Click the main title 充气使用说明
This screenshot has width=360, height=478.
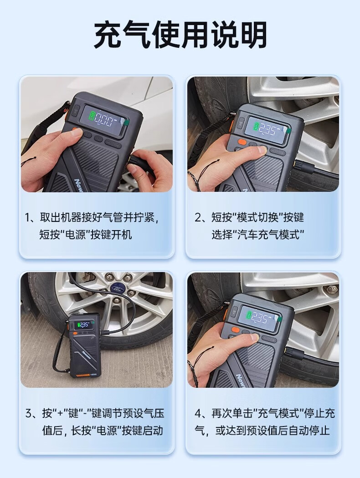pyautogui.click(x=180, y=35)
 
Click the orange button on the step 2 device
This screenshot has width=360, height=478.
pyautogui.click(x=242, y=141)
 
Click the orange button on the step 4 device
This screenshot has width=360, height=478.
pyautogui.click(x=235, y=330)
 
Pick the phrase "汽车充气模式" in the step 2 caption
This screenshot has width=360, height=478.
pyautogui.click(x=269, y=235)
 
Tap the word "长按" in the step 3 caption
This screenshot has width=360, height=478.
pyautogui.click(x=81, y=431)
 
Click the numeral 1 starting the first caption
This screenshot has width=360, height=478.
pyautogui.click(x=28, y=218)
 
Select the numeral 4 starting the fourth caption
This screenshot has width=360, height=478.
pyautogui.click(x=198, y=414)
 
